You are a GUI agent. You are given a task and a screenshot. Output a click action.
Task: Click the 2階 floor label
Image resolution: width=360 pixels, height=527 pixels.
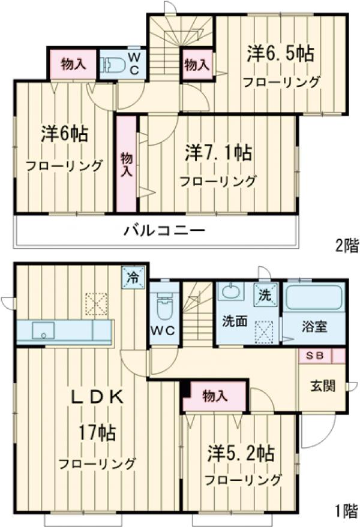pyautogui.click(x=346, y=246)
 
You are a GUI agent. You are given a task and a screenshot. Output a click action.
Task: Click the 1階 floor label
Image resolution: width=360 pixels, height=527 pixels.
pyautogui.click(x=346, y=511)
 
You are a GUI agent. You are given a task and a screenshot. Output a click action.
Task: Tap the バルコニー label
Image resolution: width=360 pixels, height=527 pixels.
pyautogui.click(x=165, y=230)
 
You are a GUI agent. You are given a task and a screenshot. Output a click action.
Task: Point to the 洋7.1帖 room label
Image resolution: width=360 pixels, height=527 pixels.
pyautogui.click(x=218, y=152)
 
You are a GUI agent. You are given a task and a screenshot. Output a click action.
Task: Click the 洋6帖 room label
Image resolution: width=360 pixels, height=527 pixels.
pyautogui.click(x=64, y=134)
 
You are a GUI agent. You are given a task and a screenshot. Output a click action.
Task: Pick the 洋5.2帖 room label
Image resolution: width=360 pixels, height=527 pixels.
pyautogui.click(x=242, y=452)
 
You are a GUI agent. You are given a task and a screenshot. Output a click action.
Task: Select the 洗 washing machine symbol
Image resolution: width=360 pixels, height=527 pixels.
pyautogui.click(x=265, y=294)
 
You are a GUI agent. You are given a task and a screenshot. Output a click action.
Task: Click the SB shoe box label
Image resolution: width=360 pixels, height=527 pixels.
pyautogui.click(x=315, y=355)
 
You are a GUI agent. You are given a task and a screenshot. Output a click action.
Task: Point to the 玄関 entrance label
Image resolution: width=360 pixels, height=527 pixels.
pyautogui.click(x=322, y=386)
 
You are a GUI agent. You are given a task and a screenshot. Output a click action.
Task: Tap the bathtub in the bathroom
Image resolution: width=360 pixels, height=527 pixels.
pyautogui.click(x=313, y=297)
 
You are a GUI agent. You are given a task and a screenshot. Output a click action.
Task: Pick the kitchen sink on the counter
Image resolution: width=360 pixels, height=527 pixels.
pyautogui.click(x=44, y=330)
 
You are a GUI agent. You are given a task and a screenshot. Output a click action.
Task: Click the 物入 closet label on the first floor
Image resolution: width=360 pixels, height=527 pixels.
pyautogui.click(x=215, y=395)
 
